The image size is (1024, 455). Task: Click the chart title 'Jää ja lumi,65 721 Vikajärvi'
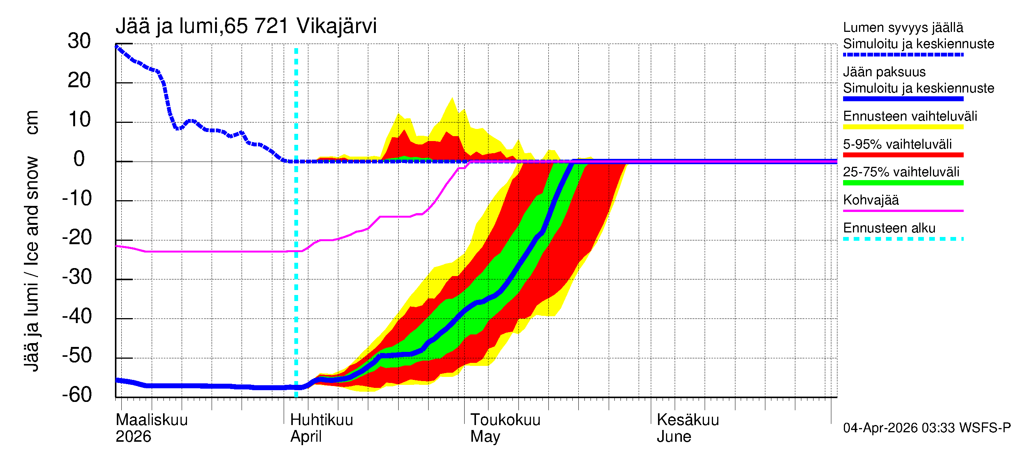pos(246,26)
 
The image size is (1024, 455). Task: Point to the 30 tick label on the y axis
pos(79,41)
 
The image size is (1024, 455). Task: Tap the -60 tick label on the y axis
pos(77,395)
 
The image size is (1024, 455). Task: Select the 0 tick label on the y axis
pos(79,159)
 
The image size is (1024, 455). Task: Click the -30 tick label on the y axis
pos(77,276)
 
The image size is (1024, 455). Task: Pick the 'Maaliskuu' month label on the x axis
pos(151,420)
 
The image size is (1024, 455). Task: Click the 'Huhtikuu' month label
pos(322,420)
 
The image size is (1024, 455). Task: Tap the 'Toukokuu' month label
pos(505,420)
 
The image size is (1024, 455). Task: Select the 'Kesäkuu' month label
pos(688,420)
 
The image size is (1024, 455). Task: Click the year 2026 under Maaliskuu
pos(133,436)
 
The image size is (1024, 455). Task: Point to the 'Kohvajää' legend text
pos(870,200)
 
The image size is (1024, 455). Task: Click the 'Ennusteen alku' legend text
pos(889,228)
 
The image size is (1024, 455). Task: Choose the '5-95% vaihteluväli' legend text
pos(897,144)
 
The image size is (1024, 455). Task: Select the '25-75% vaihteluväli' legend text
pos(901,172)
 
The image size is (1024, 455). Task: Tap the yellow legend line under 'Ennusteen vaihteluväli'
pos(903,127)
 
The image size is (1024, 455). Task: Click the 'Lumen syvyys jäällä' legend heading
pos(903,28)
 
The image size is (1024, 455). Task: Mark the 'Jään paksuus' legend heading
pos(884,72)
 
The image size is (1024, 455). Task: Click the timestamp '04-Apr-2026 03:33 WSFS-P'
pos(927,428)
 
